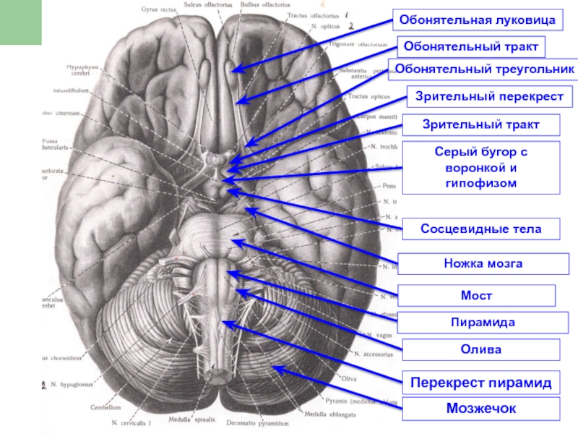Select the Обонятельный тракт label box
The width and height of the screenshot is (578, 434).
(x=470, y=47)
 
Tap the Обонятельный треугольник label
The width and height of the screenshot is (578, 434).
(x=483, y=69)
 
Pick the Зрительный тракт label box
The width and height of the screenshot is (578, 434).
(x=481, y=125)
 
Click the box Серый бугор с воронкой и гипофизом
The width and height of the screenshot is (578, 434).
(x=481, y=168)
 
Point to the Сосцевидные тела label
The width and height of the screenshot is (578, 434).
(x=481, y=229)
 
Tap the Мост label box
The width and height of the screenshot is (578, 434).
(x=477, y=296)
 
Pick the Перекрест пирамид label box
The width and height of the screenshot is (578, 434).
(x=481, y=382)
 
